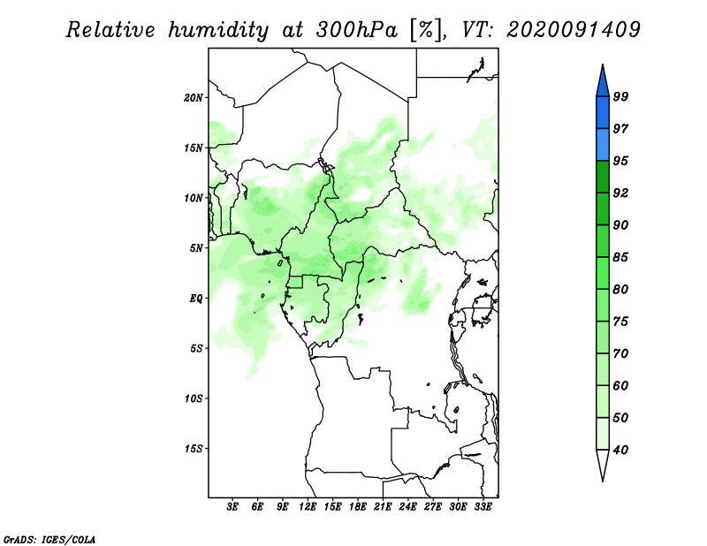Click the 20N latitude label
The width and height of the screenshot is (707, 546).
(x=194, y=98)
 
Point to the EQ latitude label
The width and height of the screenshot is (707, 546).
(x=195, y=299)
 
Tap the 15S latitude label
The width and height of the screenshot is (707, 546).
(x=194, y=449)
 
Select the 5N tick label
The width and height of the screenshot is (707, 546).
(x=196, y=248)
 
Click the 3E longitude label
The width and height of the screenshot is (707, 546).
(x=232, y=506)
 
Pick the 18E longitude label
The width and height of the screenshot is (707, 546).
(x=358, y=506)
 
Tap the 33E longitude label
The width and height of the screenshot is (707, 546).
(x=483, y=506)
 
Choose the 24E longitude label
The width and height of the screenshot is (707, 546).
(x=407, y=506)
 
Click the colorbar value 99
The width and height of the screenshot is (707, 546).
(x=620, y=96)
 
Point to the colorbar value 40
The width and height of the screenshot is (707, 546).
(x=620, y=450)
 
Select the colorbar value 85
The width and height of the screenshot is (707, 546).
(x=620, y=257)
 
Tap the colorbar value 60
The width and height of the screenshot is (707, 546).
(x=620, y=385)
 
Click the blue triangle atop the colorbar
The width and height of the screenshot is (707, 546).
(x=603, y=83)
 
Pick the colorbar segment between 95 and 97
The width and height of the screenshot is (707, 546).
(x=603, y=145)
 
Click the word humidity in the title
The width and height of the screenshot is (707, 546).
(x=218, y=30)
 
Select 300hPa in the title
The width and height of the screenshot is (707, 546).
(x=357, y=29)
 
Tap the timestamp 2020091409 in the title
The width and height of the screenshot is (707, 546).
(x=573, y=29)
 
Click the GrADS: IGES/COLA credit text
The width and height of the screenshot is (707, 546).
(x=49, y=539)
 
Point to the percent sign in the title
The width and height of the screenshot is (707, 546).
(x=426, y=30)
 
